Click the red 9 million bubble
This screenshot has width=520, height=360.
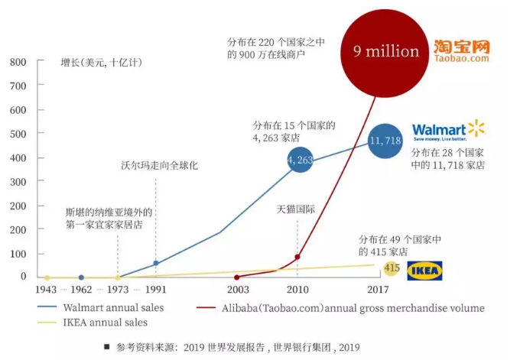click(387, 51)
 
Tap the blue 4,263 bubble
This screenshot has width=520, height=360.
click(300, 160)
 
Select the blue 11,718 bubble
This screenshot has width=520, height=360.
click(385, 141)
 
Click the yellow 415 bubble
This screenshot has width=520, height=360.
click(392, 268)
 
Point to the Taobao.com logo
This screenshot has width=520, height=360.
click(461, 50)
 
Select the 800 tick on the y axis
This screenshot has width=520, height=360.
click(18, 61)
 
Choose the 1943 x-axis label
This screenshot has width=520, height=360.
click(46, 290)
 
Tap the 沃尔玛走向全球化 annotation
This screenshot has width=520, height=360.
click(159, 165)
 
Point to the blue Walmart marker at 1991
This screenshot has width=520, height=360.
click(156, 263)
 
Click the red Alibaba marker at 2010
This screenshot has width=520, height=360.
click(297, 257)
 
